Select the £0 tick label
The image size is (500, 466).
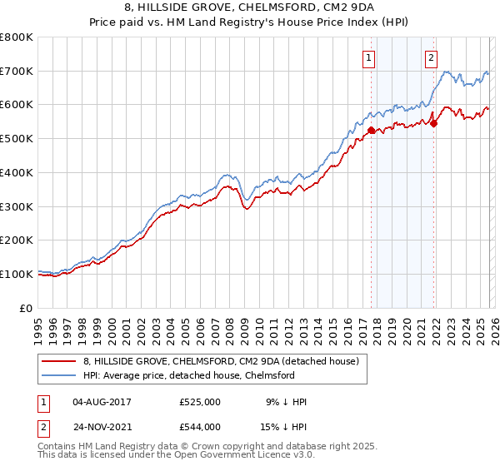click(27, 308)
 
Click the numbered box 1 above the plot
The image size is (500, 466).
click(368, 57)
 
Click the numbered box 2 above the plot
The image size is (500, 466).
click(432, 57)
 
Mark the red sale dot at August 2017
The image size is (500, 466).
click(371, 130)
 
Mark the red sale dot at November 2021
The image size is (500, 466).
click(434, 123)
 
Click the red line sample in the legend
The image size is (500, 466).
click(60, 361)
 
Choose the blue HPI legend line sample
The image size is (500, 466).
click(60, 375)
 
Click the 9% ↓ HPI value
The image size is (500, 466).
click(283, 402)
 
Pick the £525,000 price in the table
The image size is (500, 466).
click(200, 402)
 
